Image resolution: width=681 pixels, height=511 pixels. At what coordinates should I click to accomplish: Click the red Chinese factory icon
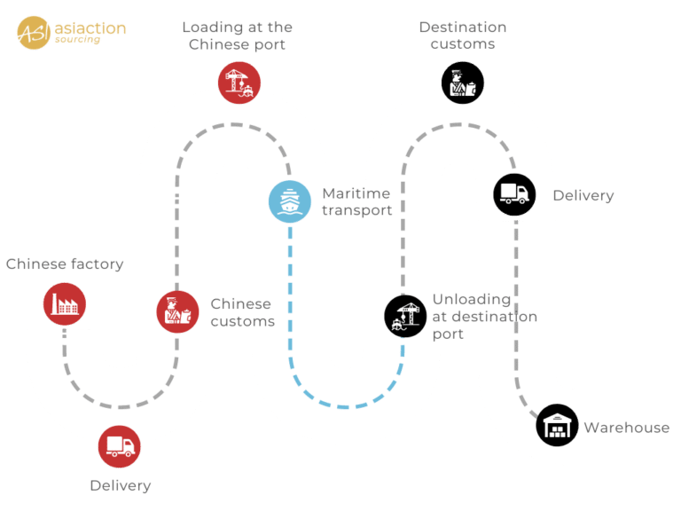pos(64,303)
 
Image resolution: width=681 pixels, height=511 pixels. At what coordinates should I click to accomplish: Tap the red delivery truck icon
pos(120,446)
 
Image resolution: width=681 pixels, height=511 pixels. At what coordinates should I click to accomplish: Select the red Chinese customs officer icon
pos(177,312)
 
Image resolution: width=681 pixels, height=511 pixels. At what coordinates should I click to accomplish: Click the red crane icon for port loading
pos(239,83)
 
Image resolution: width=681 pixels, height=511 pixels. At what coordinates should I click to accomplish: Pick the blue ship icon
pos(290,201)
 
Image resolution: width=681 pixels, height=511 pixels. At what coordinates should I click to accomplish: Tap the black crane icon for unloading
pos(405,316)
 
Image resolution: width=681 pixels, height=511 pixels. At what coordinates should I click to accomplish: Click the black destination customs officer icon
pos(463,83)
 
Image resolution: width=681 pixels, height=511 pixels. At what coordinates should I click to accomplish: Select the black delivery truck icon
pos(514,194)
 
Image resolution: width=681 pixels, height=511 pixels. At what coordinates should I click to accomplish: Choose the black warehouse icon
pos(557,425)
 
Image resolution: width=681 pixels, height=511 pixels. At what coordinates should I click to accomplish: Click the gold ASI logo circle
pos(34,33)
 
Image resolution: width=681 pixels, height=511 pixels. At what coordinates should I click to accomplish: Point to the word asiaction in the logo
pos(90,28)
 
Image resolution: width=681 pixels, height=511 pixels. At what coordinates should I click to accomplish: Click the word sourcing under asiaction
pos(77,40)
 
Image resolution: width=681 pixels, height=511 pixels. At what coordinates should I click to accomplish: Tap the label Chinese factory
pos(65,264)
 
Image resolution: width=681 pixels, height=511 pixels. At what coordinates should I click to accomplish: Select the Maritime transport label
pos(357,201)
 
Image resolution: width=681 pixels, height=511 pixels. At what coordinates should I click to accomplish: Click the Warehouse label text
pos(627,428)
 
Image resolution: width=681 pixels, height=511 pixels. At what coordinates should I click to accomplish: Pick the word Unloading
pos(472,300)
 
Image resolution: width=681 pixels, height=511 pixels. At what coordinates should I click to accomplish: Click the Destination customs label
pos(463,35)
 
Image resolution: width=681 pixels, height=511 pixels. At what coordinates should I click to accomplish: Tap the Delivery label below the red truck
pos(121,486)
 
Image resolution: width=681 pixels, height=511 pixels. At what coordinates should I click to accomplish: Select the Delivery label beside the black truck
pos(583,195)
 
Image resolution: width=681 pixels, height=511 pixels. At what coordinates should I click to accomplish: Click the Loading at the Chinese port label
pos(237,35)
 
